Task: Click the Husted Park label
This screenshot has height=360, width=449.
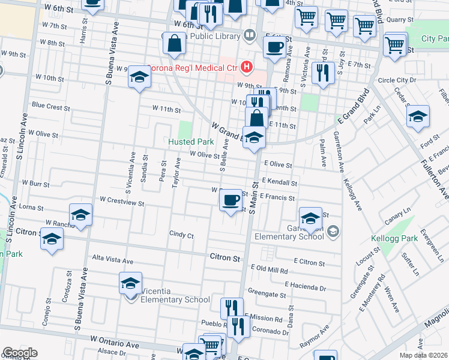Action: (191, 142)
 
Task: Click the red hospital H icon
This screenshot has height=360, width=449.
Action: (246, 66)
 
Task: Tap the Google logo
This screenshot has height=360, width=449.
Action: (20, 353)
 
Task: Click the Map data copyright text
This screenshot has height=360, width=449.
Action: (424, 356)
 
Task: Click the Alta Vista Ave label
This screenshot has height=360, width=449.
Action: (112, 261)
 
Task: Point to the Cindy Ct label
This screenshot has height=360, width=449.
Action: (181, 235)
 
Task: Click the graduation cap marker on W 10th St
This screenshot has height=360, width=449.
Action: (139, 77)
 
